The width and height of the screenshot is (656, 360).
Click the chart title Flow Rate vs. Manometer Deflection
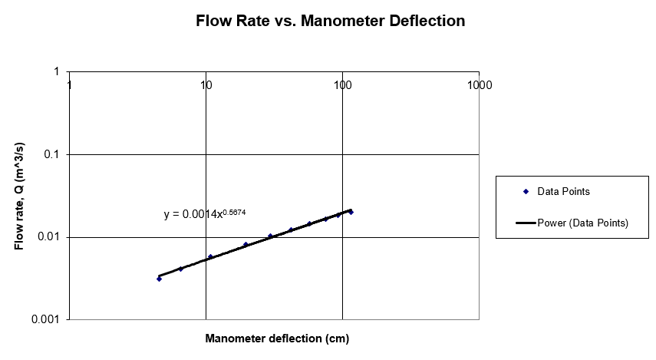coord(330,21)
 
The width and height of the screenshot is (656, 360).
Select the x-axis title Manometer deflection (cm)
coord(277,339)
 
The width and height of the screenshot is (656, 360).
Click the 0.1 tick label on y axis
coord(51,154)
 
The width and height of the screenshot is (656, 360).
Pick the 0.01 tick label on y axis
coord(48,237)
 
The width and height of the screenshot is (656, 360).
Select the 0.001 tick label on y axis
coord(45,319)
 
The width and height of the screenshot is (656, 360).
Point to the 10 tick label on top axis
coord(206,85)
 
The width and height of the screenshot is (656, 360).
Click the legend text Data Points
coord(563,191)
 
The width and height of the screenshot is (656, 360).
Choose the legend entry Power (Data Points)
coord(582,223)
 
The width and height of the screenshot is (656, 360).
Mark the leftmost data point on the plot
coord(159,279)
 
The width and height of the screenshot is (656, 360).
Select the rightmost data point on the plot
coord(351,212)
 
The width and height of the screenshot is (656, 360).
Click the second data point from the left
coord(180,269)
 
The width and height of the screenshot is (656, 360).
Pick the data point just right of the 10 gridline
coord(210,256)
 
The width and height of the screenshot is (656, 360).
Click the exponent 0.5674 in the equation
coord(235,211)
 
